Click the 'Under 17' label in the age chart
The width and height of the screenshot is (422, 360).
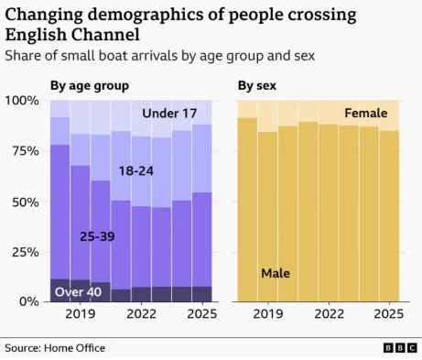coord(169,114)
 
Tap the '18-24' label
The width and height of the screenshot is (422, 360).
coord(136,171)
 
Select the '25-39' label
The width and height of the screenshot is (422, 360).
coord(97,236)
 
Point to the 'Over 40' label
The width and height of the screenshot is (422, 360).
coord(78,292)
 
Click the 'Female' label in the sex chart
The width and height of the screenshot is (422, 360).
coord(366,114)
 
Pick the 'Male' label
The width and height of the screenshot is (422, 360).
coord(276,273)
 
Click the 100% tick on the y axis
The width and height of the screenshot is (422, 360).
coord(22,100)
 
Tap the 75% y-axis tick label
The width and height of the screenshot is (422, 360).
coord(26,151)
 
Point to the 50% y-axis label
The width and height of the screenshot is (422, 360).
coord(26,202)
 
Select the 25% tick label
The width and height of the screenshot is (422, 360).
coord(26,252)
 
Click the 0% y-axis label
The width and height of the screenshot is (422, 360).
coord(29,301)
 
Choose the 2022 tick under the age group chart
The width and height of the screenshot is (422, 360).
coord(141,314)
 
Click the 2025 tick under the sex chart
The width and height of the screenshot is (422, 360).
coord(389,314)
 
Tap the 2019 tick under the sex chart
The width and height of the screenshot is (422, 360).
coord(268,314)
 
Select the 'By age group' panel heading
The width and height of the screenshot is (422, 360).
coord(90,86)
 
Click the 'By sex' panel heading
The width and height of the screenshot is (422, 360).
coord(257,86)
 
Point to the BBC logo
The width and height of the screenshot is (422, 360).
coord(400,348)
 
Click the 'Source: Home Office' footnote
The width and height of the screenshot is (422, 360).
coord(55,348)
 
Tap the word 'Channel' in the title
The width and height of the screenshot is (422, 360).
coord(106,35)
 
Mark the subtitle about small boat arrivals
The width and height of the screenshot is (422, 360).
coord(160,56)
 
